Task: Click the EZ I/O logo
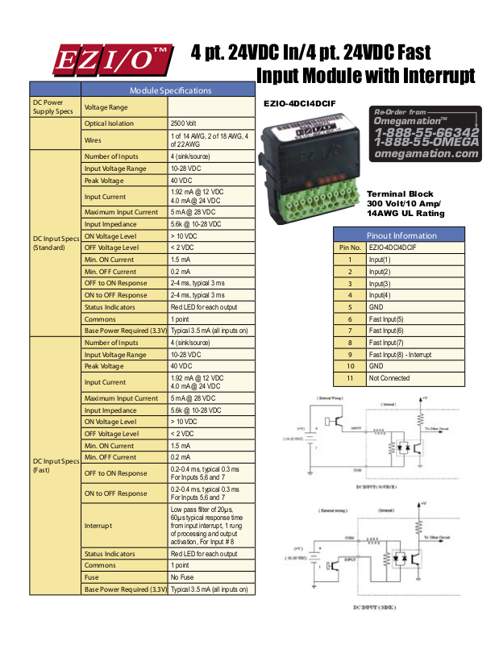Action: (x=111, y=59)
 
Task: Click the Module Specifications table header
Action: (x=170, y=90)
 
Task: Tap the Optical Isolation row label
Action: (x=110, y=124)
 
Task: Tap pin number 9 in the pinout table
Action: (x=350, y=355)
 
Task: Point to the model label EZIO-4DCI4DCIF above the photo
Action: (x=300, y=103)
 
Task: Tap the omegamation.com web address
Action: (x=426, y=153)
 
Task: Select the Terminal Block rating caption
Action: (x=405, y=204)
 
